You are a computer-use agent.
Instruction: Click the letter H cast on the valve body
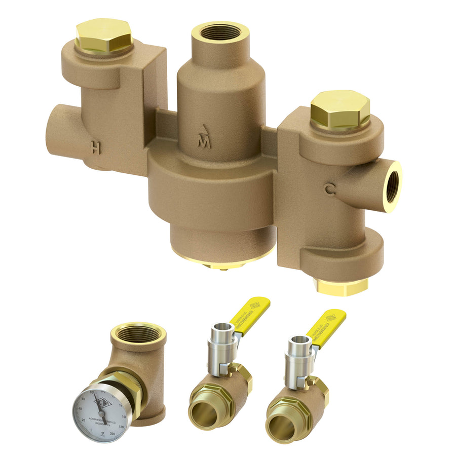coord(95,147)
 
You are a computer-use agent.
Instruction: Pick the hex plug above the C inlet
coord(340,109)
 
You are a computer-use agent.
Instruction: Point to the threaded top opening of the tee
coord(137,334)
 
